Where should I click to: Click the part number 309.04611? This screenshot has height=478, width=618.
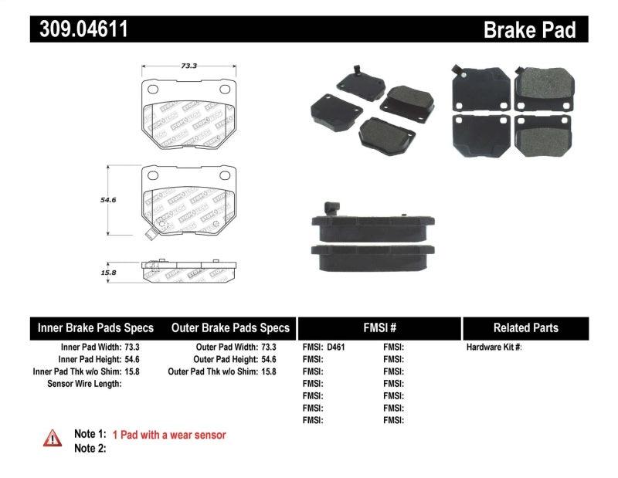(79, 29)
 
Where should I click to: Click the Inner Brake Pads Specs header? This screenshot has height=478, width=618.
(96, 328)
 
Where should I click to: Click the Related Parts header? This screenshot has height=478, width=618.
(525, 328)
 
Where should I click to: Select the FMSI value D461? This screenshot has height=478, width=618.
(336, 347)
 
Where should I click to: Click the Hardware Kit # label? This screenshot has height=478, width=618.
(494, 347)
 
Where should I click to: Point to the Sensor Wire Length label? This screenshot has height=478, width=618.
(84, 384)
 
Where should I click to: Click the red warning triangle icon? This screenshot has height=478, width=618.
(52, 439)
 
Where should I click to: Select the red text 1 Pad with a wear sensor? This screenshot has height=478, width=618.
(169, 436)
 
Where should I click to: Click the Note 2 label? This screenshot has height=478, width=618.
(90, 449)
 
